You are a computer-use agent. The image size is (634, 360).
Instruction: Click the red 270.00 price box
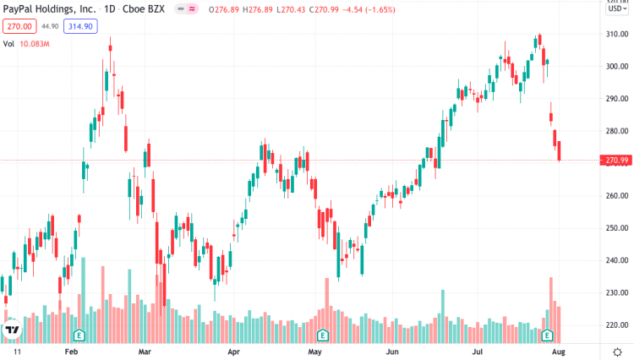pyautogui.click(x=19, y=26)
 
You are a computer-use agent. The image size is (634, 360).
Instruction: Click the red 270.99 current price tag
pyautogui.click(x=615, y=161)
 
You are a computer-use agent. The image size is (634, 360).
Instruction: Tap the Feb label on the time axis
pyautogui.click(x=71, y=350)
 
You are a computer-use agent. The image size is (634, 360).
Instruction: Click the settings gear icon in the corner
pyautogui.click(x=618, y=350)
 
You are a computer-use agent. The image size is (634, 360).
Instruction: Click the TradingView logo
pyautogui.click(x=13, y=330)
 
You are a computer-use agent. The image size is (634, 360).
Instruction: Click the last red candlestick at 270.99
pyautogui.click(x=559, y=151)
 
